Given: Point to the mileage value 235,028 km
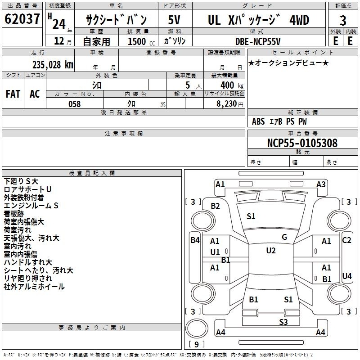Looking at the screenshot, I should pyautogui.click(x=53, y=64).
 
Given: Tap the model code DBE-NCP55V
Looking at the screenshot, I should pyautogui.click(x=258, y=41).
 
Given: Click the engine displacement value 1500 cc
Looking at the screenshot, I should pyautogui.click(x=141, y=41).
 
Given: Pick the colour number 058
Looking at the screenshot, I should pyautogui.click(x=74, y=103).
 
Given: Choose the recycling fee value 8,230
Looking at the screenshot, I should pyautogui.click(x=227, y=103).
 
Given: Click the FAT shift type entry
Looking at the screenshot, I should pyautogui.click(x=13, y=94).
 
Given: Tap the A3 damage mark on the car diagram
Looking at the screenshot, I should pyautogui.click(x=321, y=184).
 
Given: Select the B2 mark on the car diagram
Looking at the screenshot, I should pyautogui.click(x=216, y=206).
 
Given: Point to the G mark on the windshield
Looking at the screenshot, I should pyautogui.click(x=284, y=237).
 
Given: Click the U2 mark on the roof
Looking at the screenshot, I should pyautogui.click(x=271, y=251).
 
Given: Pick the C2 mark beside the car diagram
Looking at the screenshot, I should pyautogui.click(x=346, y=240).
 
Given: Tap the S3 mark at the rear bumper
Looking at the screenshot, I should pyautogui.click(x=283, y=321).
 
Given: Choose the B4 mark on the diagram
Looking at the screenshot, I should pyautogui.click(x=194, y=240).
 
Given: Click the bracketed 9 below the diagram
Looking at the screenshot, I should pyautogui.click(x=196, y=345).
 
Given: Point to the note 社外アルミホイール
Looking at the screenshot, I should pyautogui.click(x=34, y=287).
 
